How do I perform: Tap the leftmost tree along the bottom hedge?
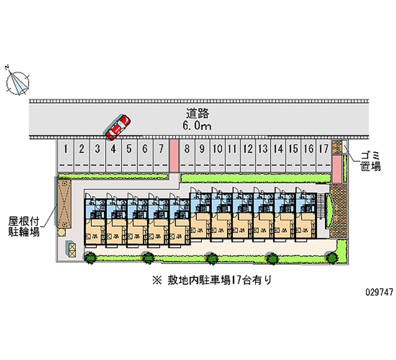[x=90, y=257]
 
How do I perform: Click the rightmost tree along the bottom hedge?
[x=332, y=256]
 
